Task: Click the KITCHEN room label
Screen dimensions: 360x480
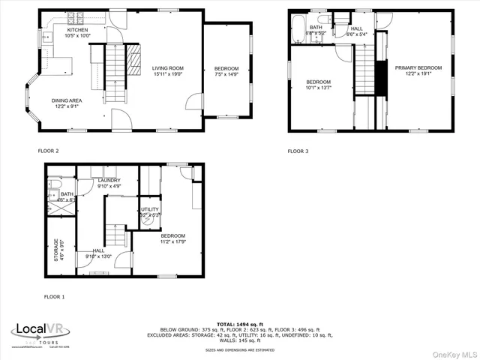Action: click(x=76, y=30)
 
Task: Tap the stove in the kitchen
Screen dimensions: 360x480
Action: click(x=76, y=17)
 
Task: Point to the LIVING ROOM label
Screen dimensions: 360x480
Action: click(x=168, y=68)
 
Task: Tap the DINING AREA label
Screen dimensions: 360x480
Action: click(x=67, y=100)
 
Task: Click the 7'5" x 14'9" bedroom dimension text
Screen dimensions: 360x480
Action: click(x=226, y=73)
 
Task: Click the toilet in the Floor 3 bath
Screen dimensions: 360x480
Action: click(x=323, y=19)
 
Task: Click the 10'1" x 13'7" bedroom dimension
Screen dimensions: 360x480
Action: click(x=318, y=88)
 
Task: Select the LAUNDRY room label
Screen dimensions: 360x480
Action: click(x=109, y=181)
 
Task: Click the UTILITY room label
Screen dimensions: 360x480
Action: click(x=150, y=209)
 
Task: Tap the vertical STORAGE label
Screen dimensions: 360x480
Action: click(x=55, y=250)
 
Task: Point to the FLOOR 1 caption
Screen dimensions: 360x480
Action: click(x=54, y=297)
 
